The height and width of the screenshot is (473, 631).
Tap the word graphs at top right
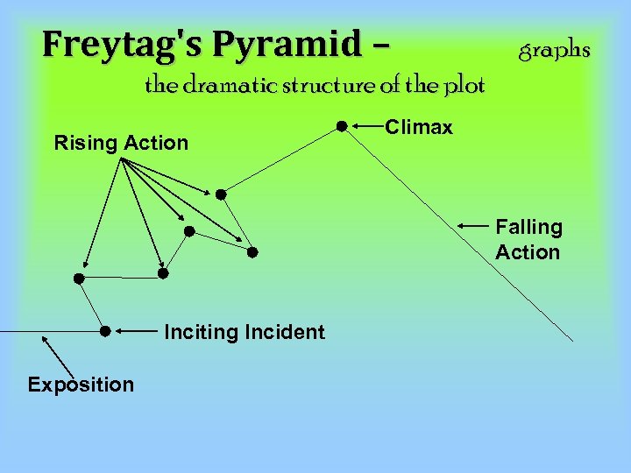tap(555, 50)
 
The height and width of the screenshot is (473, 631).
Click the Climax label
tap(419, 128)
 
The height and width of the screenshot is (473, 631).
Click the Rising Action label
tap(121, 143)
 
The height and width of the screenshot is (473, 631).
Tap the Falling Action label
tap(528, 239)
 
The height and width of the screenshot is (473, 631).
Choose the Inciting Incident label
tap(245, 332)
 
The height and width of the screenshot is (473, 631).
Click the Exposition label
tap(81, 385)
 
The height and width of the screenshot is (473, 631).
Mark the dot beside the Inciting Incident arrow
tap(104, 331)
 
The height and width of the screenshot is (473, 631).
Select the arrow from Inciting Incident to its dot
tap(136, 332)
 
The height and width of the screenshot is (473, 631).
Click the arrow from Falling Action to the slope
tap(471, 227)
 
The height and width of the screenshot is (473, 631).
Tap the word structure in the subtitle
tap(328, 86)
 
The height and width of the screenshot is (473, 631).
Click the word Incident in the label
tap(286, 332)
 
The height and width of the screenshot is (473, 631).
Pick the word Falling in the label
tap(528, 227)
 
